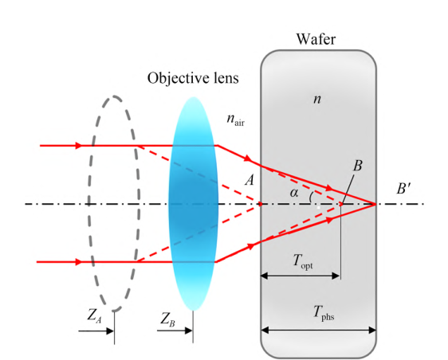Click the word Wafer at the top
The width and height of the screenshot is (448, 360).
[x=316, y=39]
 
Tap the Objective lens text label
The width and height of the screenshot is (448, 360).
[x=193, y=78]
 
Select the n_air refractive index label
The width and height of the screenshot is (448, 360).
[x=236, y=119]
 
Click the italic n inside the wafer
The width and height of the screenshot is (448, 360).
[x=317, y=99]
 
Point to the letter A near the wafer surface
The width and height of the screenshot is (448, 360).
[x=250, y=180]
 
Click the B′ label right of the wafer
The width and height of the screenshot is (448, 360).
[x=403, y=189]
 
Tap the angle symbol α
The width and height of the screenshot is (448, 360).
[x=293, y=193]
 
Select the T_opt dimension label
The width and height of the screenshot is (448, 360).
[x=303, y=261]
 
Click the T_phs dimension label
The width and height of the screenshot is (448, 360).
[x=324, y=312]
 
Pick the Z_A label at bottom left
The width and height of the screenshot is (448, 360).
[x=94, y=316]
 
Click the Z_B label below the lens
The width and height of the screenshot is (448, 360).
[x=167, y=319]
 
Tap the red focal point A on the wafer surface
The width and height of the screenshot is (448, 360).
[x=261, y=204]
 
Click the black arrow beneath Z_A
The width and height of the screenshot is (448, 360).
[x=96, y=331]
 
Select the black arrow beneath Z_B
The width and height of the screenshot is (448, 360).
[x=175, y=331]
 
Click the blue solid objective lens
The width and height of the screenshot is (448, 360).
[x=194, y=203]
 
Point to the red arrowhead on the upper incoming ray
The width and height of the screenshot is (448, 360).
[x=79, y=146]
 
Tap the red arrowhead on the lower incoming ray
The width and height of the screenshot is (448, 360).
[x=79, y=262]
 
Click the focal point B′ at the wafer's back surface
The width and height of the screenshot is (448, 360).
[x=375, y=204]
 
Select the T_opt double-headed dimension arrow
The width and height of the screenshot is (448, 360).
[x=301, y=276]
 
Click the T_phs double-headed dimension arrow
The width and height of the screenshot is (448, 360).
[x=318, y=331]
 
